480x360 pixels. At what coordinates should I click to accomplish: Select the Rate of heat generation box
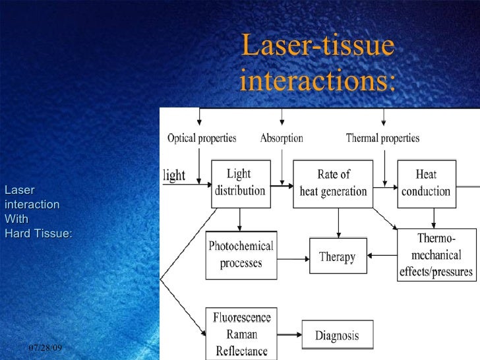coord(333,183)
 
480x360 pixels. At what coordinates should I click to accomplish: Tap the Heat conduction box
coord(426,183)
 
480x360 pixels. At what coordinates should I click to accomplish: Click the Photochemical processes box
coord(241,255)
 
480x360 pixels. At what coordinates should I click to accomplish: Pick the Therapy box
coord(337,256)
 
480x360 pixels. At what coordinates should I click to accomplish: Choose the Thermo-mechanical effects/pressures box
coord(436,256)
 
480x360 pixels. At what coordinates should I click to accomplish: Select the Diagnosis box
coord(337,335)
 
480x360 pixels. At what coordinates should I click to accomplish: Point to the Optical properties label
coord(202,138)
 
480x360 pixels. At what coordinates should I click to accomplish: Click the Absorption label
coord(282,138)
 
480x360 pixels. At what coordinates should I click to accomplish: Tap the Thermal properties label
coord(382,138)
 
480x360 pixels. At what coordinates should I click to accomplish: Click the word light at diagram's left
coord(174,176)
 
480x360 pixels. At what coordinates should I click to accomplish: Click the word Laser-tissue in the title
coord(318,46)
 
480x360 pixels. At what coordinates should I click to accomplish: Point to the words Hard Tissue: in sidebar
coord(38,232)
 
